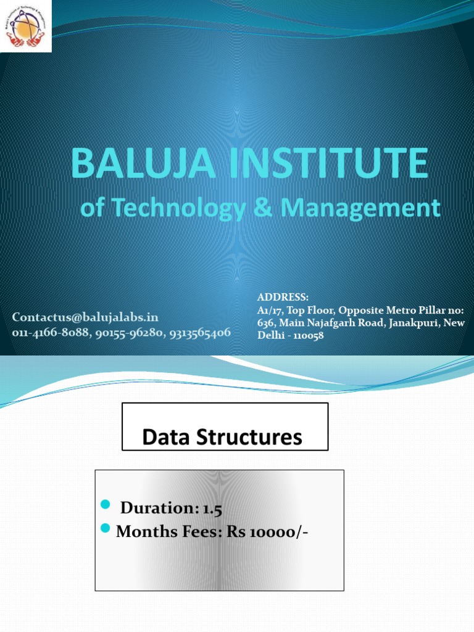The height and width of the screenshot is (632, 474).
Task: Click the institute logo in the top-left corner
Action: coord(25,25)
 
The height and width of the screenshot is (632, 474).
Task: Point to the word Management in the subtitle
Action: coord(361,208)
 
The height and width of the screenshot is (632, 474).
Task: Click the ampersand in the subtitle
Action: coord(262,208)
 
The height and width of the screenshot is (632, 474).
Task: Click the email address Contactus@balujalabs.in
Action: coord(85,317)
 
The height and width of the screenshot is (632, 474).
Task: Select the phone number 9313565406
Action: coord(198,332)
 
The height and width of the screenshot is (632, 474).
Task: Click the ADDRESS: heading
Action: coord(283,297)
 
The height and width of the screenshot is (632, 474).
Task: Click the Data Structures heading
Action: coord(222,438)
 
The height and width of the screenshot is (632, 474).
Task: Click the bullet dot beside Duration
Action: coord(104,506)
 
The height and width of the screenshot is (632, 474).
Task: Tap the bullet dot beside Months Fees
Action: coord(104,528)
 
